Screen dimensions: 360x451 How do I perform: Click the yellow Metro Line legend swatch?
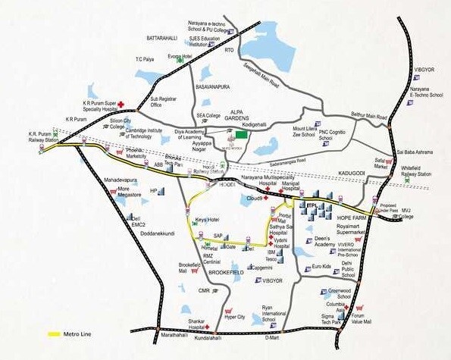[x=55, y=333]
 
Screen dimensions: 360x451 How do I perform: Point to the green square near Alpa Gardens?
[x=241, y=134]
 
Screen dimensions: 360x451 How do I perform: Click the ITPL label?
[x=311, y=205]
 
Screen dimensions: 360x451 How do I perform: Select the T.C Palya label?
[x=144, y=59]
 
